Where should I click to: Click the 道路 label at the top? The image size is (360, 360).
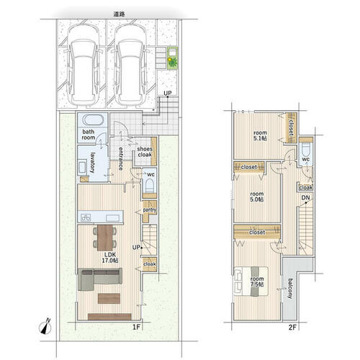click(119, 14)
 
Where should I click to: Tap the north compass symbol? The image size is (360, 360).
click(45, 326)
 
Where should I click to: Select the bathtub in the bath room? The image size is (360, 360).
click(93, 120)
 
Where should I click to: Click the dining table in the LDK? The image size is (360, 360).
click(105, 238)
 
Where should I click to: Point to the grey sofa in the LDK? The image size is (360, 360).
click(100, 279)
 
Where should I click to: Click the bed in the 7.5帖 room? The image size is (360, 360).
click(251, 282)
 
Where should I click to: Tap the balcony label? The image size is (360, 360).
click(290, 289)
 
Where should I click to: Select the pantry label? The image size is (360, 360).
click(150, 210)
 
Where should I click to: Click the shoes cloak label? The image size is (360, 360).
click(145, 152)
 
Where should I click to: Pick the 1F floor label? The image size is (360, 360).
click(136, 327)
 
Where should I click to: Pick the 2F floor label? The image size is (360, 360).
click(292, 327)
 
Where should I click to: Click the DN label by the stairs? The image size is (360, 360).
click(305, 198)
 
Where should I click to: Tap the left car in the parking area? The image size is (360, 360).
click(82, 66)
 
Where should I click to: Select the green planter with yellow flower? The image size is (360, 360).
click(173, 58)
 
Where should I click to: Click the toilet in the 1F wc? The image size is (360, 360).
click(150, 186)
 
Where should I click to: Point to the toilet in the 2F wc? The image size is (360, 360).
click(306, 149)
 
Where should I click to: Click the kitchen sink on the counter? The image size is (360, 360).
click(112, 218)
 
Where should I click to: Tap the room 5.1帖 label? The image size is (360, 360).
click(260, 135)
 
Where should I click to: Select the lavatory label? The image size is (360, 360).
click(93, 163)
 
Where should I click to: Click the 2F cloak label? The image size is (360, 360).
click(306, 187)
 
